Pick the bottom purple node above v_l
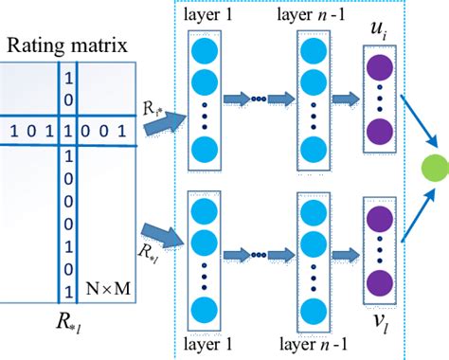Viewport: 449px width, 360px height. click(379, 283)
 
